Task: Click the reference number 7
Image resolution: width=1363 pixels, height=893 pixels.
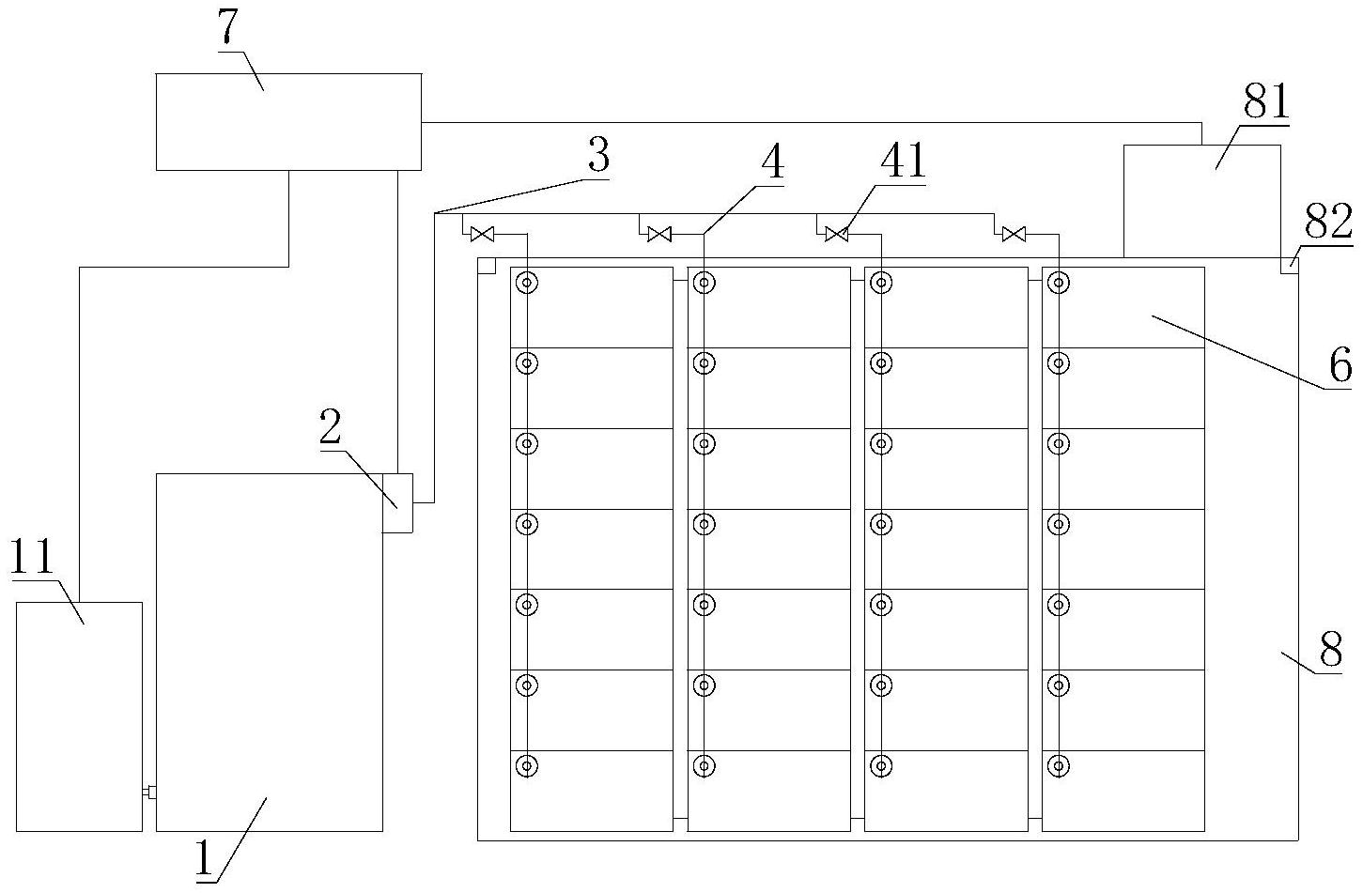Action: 227,28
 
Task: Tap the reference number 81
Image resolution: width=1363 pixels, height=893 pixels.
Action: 1265,101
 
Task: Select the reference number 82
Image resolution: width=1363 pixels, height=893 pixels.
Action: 1328,222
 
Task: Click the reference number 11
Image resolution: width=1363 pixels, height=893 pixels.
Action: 33,557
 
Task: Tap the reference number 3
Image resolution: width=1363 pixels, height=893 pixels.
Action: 598,155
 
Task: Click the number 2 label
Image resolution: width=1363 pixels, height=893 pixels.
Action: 331,427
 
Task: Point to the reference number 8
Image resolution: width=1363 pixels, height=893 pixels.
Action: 1331,650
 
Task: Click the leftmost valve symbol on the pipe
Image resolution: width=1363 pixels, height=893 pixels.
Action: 483,234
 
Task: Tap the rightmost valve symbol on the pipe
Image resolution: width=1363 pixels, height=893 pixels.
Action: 1014,234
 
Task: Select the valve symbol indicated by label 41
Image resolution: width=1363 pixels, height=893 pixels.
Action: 837,234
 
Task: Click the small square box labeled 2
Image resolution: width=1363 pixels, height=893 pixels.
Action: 397,503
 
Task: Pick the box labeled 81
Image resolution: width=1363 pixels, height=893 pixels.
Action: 1201,201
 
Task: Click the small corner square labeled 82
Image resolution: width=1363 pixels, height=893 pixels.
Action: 1290,266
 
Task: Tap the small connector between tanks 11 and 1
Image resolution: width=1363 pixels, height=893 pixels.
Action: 149,792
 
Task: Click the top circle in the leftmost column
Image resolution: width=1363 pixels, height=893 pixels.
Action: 527,283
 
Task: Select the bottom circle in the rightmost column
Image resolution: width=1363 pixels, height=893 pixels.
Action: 1059,766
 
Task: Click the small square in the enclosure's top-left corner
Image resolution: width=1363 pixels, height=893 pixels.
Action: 487,266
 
